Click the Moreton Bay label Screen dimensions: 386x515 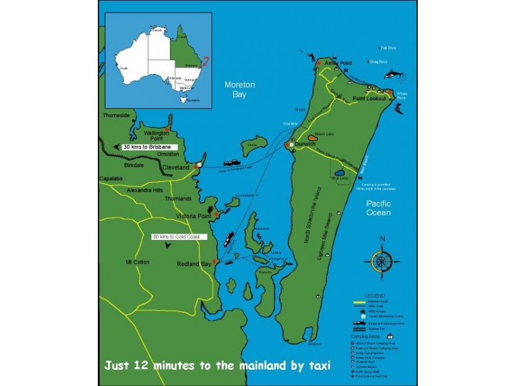(x=239, y=89)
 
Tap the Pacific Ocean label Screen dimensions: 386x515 (x=379, y=208)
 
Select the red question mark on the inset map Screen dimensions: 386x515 (x=206, y=62)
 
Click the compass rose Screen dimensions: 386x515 (x=382, y=261)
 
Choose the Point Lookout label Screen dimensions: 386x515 (x=370, y=98)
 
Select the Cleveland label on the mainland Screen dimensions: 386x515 (x=176, y=167)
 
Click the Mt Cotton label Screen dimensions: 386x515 (x=137, y=261)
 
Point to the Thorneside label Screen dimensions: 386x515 (x=116, y=116)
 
